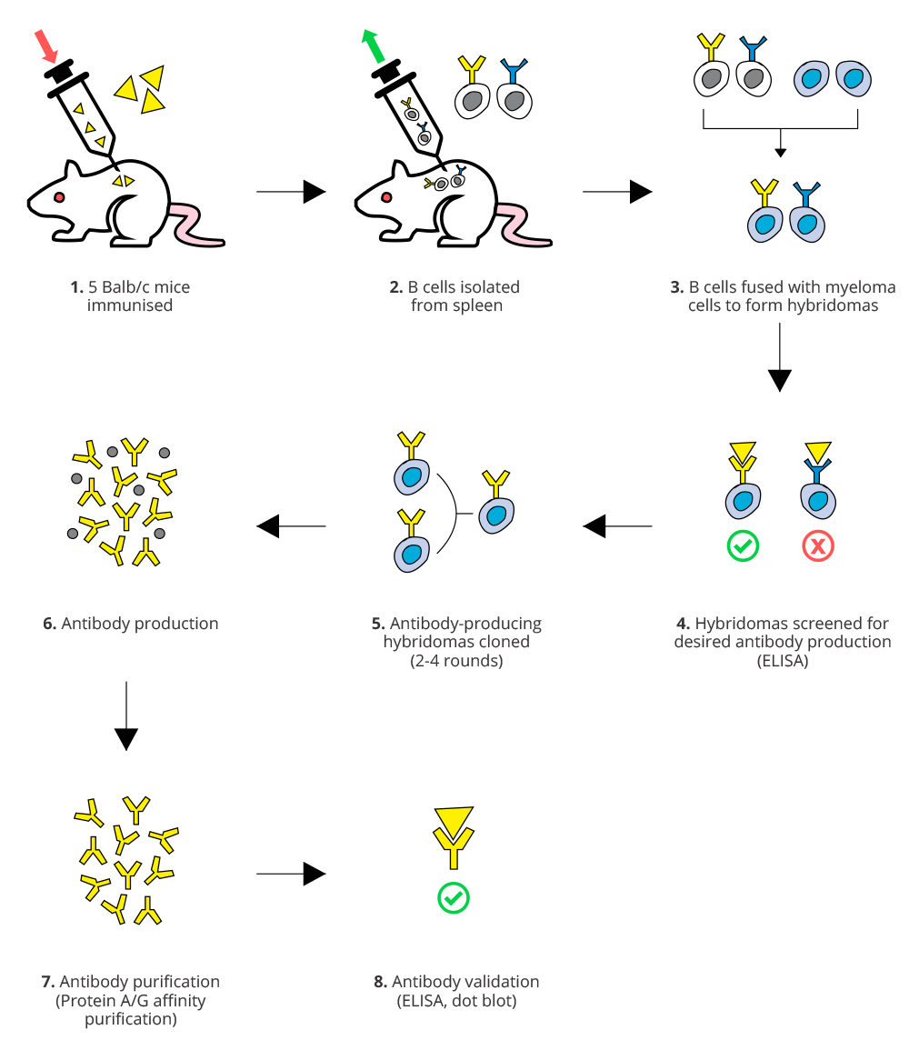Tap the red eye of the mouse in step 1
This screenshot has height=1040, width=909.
(x=59, y=196)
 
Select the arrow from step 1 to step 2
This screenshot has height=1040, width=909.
(x=292, y=192)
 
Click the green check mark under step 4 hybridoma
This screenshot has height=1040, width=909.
(x=743, y=546)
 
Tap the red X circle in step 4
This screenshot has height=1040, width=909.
(x=818, y=546)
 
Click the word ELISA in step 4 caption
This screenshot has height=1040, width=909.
(x=783, y=661)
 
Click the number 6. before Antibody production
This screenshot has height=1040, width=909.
(x=49, y=624)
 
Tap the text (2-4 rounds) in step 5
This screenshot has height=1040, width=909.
(x=456, y=661)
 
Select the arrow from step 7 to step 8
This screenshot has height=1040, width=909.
(x=292, y=875)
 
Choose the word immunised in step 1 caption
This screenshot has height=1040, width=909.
(x=130, y=305)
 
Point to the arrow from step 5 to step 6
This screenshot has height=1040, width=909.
(x=292, y=525)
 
